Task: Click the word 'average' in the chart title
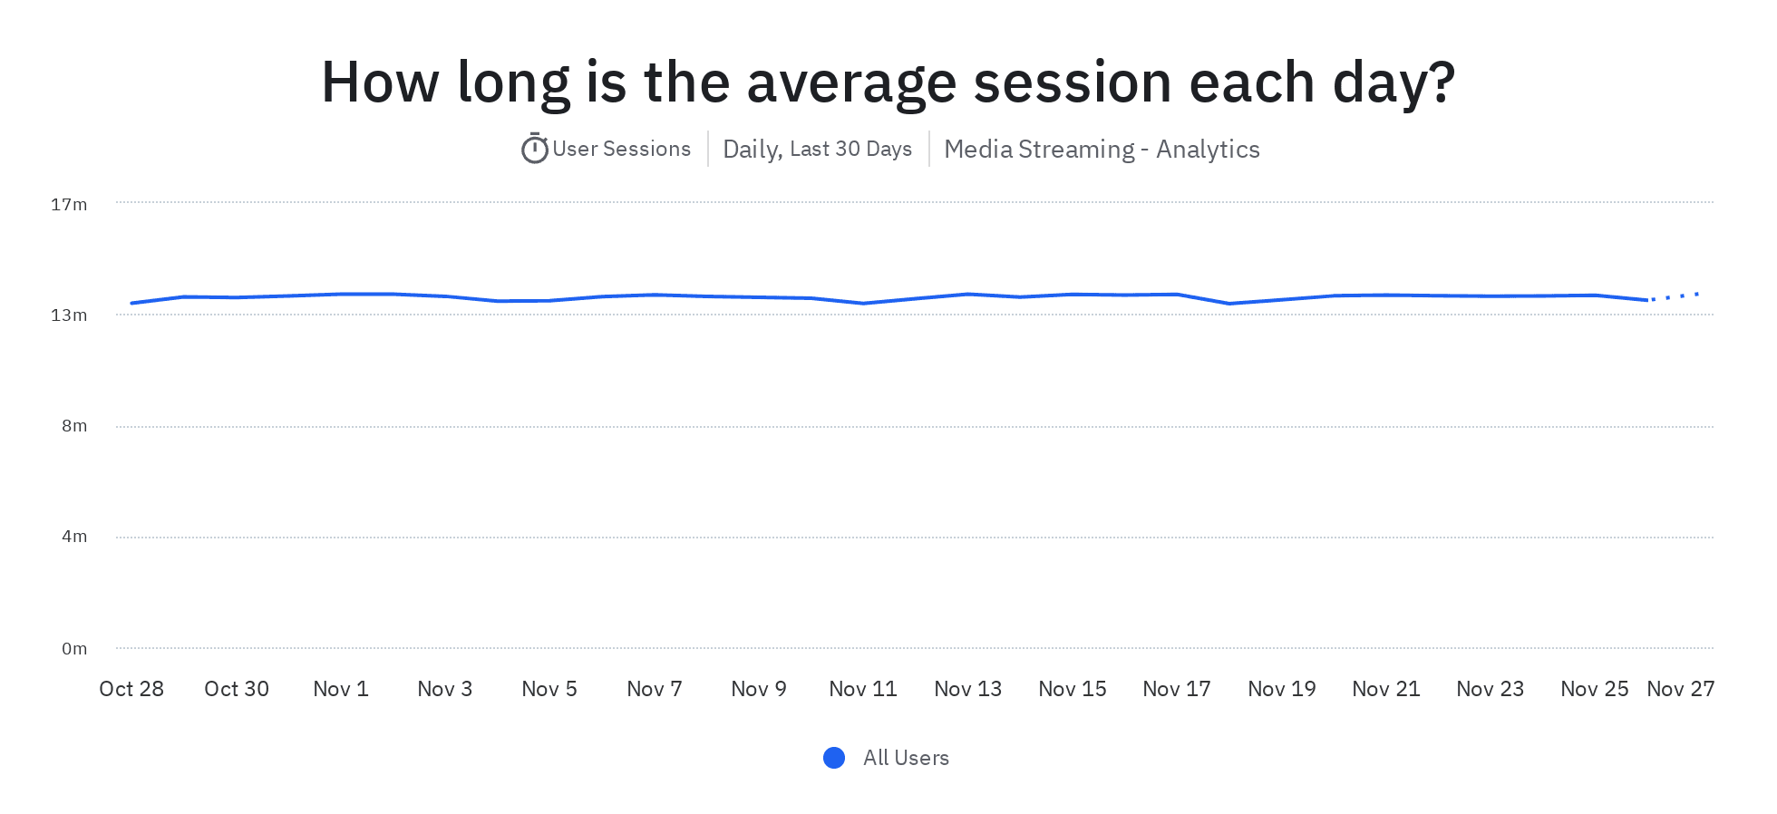pyautogui.click(x=850, y=82)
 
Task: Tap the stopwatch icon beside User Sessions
pyautogui.click(x=534, y=149)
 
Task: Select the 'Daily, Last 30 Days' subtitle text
pyautogui.click(x=817, y=150)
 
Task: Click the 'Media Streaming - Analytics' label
pyautogui.click(x=1102, y=150)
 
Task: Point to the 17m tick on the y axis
pyautogui.click(x=69, y=205)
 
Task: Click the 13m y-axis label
pyautogui.click(x=69, y=315)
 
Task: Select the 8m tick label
pyautogui.click(x=74, y=426)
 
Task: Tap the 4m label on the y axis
pyautogui.click(x=74, y=537)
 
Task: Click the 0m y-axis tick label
pyautogui.click(x=74, y=649)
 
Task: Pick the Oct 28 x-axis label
pyautogui.click(x=131, y=690)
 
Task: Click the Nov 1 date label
pyautogui.click(x=341, y=690)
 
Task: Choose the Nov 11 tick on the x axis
pyautogui.click(x=863, y=690)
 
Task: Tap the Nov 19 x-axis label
pyautogui.click(x=1281, y=690)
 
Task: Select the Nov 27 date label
pyautogui.click(x=1680, y=690)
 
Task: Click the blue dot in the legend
pyautogui.click(x=834, y=758)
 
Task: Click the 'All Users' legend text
pyautogui.click(x=906, y=758)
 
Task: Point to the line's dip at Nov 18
pyautogui.click(x=1229, y=304)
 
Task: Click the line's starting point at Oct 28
pyautogui.click(x=132, y=303)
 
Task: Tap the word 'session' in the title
pyautogui.click(x=1073, y=82)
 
